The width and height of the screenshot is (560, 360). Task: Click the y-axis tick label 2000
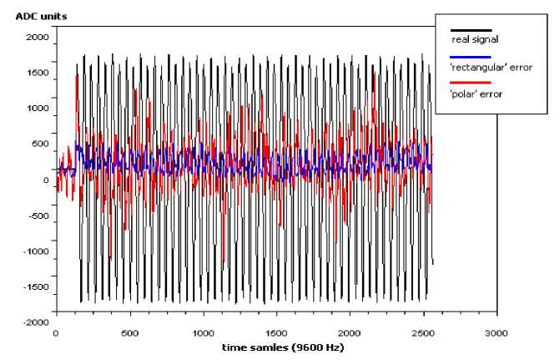click(x=38, y=37)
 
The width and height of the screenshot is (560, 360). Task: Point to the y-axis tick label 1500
click(x=38, y=73)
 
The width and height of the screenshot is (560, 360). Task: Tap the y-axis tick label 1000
click(x=38, y=109)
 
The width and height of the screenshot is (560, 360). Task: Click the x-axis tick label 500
click(x=129, y=333)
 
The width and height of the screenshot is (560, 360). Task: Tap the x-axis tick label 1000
click(x=202, y=333)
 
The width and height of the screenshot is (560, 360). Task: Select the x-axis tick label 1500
click(x=276, y=333)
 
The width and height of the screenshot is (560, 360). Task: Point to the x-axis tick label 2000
click(x=350, y=333)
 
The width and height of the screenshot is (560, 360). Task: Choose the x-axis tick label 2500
click(x=423, y=333)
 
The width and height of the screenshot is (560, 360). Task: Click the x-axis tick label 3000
click(x=497, y=333)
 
